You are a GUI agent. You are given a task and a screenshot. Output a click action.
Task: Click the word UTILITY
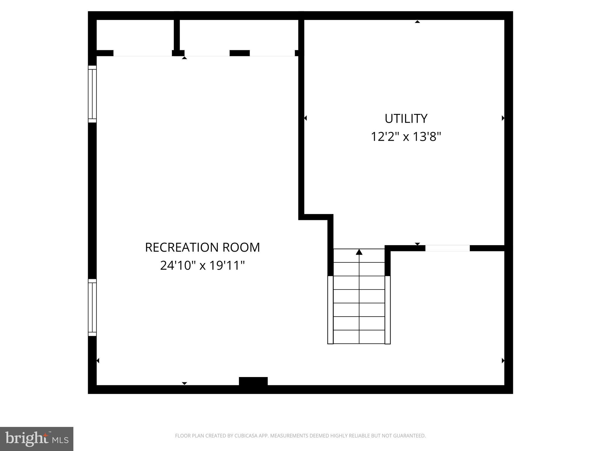pyautogui.click(x=406, y=119)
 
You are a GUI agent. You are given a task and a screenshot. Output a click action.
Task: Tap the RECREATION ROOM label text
pyautogui.click(x=202, y=247)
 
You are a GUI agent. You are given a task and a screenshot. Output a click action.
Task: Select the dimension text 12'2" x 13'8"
pyautogui.click(x=406, y=137)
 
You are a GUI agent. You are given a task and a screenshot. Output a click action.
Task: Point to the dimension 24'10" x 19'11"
pyautogui.click(x=202, y=265)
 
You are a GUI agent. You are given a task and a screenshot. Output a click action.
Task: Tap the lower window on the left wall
pyautogui.click(x=92, y=307)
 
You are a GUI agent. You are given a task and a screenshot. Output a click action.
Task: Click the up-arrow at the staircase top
pyautogui.click(x=359, y=252)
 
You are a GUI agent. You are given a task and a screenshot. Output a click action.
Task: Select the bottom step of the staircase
pyautogui.click(x=359, y=337)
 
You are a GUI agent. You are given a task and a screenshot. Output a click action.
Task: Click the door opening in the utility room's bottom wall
pyautogui.click(x=447, y=248)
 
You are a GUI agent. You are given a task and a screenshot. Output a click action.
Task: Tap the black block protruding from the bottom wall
pyautogui.click(x=253, y=381)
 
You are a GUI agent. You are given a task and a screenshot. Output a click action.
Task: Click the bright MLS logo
pyautogui.click(x=37, y=439)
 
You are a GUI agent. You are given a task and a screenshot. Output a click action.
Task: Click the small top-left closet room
pyautogui.click(x=135, y=35)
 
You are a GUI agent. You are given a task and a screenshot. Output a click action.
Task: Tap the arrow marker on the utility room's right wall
pyautogui.click(x=503, y=118)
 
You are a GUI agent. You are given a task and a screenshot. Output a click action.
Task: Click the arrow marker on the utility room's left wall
pyautogui.click(x=305, y=118)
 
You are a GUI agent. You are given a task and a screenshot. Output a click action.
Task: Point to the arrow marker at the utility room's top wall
pyautogui.click(x=417, y=22)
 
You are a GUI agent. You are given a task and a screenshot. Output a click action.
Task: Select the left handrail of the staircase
pyautogui.click(x=330, y=310)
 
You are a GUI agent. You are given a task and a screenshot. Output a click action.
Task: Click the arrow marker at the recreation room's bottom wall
pyautogui.click(x=184, y=383)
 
